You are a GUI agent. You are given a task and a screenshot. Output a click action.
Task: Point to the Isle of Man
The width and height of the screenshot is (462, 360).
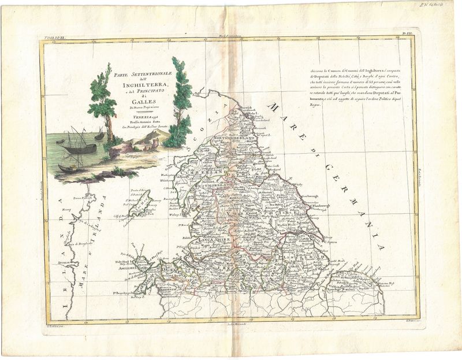[x=139, y=206]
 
